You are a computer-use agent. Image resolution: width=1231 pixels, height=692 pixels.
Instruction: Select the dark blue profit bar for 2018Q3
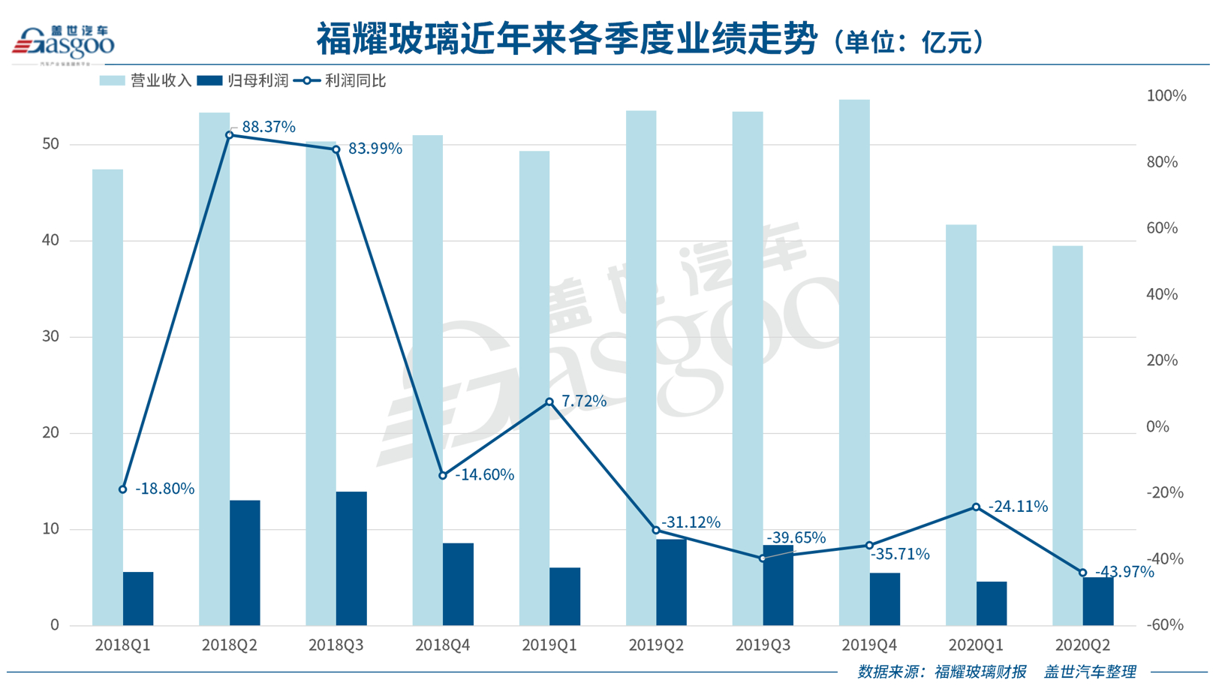pos(351,558)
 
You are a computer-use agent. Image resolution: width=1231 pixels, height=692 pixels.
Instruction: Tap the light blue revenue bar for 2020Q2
pos(1067,435)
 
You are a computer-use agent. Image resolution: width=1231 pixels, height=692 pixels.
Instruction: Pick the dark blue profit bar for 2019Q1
pos(564,597)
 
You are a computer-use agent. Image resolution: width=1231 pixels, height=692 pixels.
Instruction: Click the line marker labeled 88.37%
pos(230,135)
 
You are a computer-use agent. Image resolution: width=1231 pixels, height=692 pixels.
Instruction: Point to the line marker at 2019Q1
pos(549,402)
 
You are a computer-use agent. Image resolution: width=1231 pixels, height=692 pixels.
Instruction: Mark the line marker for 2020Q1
pos(976,507)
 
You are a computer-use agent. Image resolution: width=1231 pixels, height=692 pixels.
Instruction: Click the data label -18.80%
pos(164,489)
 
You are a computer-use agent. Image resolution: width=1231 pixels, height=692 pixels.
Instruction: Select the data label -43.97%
pos(1124,572)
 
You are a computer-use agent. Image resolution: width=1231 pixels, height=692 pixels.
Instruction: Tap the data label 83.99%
pos(375,149)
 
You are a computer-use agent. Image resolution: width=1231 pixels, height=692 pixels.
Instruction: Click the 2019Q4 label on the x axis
pos(869,645)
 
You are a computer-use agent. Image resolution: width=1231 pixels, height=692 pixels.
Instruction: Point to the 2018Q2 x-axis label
pos(230,645)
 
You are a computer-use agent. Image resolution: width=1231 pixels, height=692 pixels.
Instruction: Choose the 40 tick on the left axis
pos(51,241)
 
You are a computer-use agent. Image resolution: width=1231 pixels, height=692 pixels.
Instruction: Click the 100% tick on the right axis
pos(1166,96)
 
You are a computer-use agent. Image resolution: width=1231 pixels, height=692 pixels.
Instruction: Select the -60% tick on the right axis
pos(1165,625)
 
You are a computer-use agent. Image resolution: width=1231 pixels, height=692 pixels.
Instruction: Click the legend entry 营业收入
pos(146,80)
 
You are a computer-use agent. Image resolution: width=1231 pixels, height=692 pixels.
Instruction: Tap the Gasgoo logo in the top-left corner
pos(63,43)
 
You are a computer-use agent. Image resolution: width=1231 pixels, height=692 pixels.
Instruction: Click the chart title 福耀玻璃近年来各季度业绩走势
pos(567,39)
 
